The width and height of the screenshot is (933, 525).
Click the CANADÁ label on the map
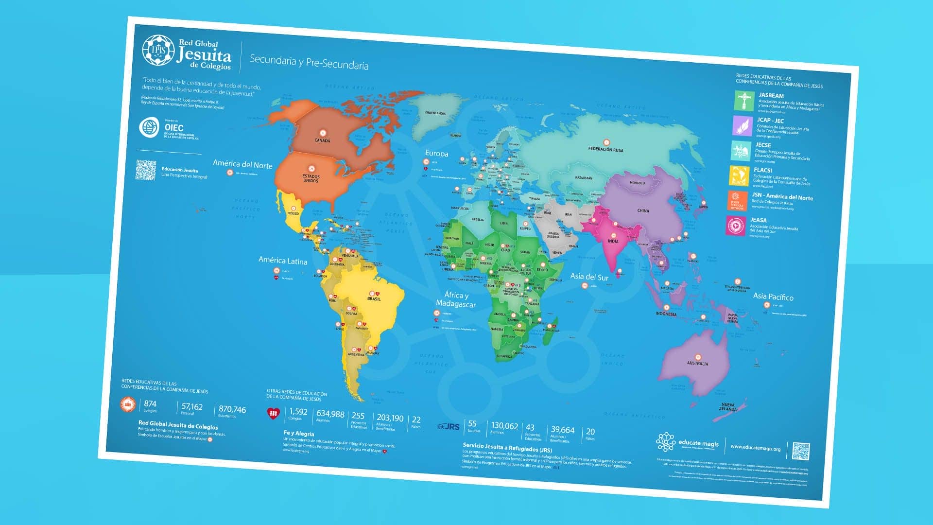tap(322, 140)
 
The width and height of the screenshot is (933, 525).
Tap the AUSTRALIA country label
tap(697, 364)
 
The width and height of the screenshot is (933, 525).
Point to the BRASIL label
tap(374, 299)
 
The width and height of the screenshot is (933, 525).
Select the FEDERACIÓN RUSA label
tap(605, 150)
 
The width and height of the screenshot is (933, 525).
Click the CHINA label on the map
tap(643, 211)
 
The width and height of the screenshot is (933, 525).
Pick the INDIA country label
tap(613, 241)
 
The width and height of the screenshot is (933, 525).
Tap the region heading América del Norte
tap(242, 164)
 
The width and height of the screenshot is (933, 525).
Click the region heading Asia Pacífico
tap(773, 297)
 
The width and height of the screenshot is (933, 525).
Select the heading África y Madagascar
tap(456, 299)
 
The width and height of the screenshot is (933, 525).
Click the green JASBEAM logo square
tap(744, 101)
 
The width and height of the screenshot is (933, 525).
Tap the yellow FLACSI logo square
tap(739, 176)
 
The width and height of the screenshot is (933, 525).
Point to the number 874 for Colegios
tap(150, 404)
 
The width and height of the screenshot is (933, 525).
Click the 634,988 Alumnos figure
tap(330, 414)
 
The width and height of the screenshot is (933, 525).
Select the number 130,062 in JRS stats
tap(504, 426)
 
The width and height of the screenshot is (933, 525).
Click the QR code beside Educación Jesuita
tap(146, 170)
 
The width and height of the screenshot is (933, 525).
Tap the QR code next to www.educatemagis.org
tap(801, 451)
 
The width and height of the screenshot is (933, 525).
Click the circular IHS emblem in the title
tap(158, 50)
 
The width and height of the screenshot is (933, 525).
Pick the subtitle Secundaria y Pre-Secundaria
tap(309, 62)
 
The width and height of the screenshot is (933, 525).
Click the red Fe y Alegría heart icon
tap(274, 413)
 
